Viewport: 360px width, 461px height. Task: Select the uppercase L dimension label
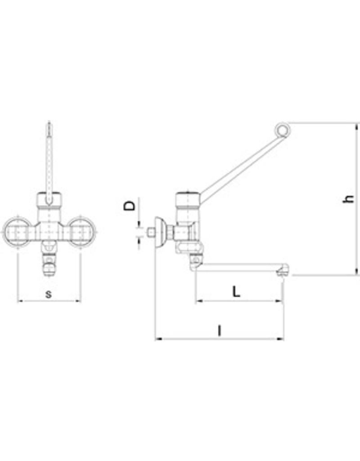tap(236, 291)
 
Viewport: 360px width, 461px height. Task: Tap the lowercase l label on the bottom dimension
tap(219, 331)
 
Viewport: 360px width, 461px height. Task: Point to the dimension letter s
tap(49, 294)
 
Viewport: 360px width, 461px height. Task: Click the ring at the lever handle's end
tap(283, 130)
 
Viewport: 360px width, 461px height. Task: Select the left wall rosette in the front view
tap(17, 233)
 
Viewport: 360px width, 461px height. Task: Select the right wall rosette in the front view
tap(81, 233)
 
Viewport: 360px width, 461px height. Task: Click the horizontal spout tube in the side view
tap(238, 268)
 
